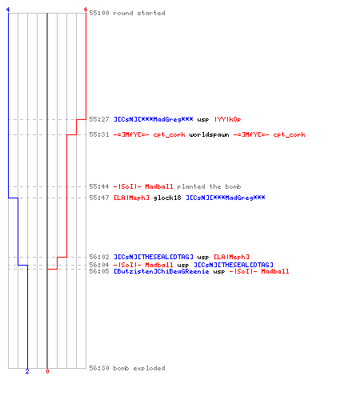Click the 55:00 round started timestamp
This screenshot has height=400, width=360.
click(99, 13)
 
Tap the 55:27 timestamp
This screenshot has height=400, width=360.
click(99, 119)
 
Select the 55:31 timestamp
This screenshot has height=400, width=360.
click(99, 134)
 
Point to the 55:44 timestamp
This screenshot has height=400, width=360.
click(99, 186)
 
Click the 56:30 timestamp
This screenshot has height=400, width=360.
click(99, 368)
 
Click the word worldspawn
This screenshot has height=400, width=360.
click(209, 134)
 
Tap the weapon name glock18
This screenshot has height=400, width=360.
click(167, 198)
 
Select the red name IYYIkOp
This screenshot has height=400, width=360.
click(228, 119)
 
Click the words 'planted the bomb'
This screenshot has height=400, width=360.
click(209, 186)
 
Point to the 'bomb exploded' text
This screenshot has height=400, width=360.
click(139, 368)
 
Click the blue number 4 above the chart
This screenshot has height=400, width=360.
click(8, 10)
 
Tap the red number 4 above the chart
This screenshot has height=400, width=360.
click(86, 10)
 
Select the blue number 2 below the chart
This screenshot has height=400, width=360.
click(27, 371)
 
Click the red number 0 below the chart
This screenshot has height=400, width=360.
click(47, 371)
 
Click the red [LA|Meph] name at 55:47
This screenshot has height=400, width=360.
click(131, 198)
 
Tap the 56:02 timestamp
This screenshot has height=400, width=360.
click(99, 257)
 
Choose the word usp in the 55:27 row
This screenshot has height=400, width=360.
click(203, 120)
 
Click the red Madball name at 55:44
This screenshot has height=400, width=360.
click(159, 186)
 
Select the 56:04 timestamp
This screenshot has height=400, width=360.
click(99, 265)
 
